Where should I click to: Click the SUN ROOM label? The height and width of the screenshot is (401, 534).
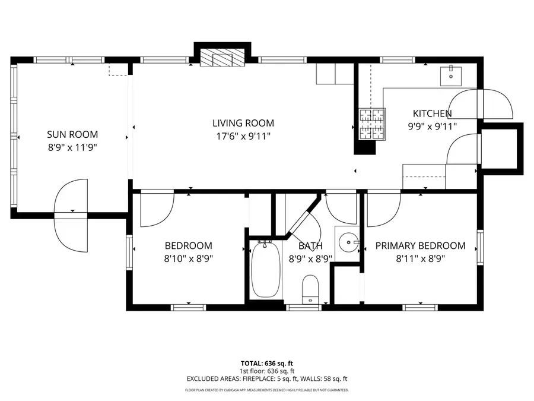(72, 134)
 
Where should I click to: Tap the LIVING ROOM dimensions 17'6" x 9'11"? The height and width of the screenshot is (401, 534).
(243, 137)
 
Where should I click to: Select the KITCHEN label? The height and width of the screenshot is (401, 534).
(432, 113)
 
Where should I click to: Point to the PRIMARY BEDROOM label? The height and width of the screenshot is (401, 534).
(420, 246)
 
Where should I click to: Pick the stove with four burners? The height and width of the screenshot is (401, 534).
(371, 124)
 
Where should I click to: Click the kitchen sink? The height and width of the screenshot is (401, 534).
(453, 75)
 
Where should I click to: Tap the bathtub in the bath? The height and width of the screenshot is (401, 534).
(265, 270)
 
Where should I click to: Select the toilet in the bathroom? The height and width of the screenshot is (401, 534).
(310, 289)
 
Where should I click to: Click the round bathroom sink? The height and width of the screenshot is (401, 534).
(348, 243)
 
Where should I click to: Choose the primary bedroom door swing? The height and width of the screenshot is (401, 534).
(383, 210)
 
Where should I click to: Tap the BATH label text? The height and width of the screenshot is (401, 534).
(310, 246)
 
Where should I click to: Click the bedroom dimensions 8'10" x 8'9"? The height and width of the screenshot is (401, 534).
(188, 259)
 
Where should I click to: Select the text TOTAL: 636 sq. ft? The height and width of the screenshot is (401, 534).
(266, 363)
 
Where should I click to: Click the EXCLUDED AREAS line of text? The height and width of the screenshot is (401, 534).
(266, 378)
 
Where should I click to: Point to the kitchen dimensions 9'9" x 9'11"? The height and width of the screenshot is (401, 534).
(432, 126)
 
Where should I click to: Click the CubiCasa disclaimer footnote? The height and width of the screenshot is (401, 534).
(266, 390)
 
